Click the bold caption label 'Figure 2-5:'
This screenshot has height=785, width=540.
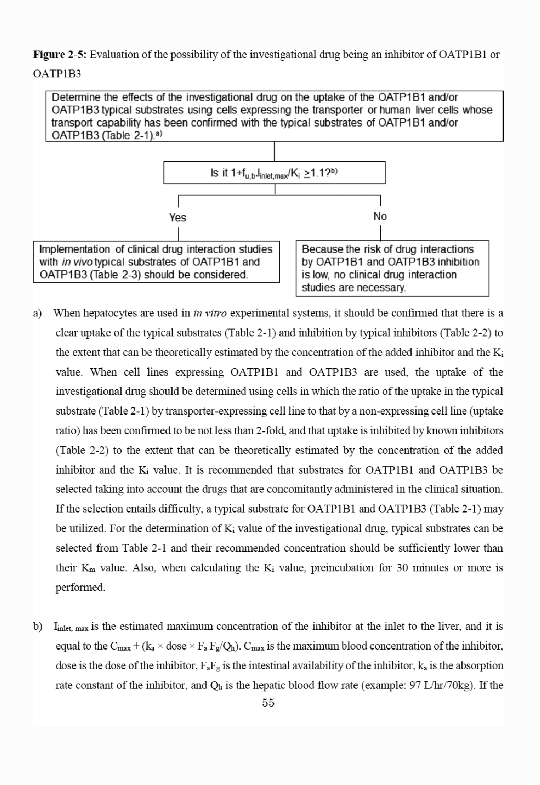click(60, 55)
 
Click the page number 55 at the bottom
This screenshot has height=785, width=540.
click(268, 703)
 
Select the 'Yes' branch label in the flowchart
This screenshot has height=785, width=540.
click(178, 217)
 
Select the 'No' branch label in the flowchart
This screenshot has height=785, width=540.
click(380, 216)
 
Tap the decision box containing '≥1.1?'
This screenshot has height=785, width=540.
click(274, 173)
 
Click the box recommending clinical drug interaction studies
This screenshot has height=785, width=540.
click(156, 262)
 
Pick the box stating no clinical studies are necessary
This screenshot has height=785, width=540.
click(392, 268)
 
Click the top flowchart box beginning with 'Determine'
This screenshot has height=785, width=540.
click(274, 116)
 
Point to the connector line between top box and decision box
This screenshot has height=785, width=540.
click(275, 151)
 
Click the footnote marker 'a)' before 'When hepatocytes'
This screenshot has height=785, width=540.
click(38, 313)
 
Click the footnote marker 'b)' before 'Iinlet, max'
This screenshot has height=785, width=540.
click(38, 627)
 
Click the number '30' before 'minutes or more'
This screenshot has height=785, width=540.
click(402, 568)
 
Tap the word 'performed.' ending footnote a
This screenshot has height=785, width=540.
click(80, 587)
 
